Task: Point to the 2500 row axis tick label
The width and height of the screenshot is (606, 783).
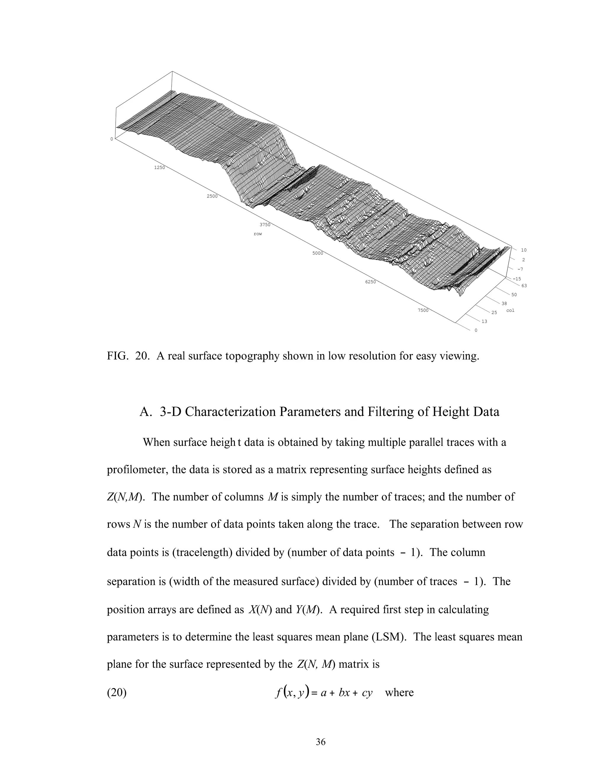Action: click(212, 196)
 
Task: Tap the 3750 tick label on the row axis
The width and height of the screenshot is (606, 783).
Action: click(265, 225)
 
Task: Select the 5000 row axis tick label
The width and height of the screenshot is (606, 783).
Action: click(318, 253)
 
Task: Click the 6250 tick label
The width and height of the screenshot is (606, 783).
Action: click(370, 282)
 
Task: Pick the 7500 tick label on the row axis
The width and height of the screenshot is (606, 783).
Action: click(423, 310)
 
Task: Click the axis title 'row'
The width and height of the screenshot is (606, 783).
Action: click(258, 234)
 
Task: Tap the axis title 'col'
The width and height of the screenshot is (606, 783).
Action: click(510, 310)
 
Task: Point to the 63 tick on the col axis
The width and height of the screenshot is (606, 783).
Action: click(524, 286)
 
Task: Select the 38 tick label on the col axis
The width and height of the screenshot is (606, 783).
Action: click(504, 303)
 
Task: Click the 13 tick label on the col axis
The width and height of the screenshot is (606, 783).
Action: click(484, 321)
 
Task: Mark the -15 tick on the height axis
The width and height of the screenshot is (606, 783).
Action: click(517, 279)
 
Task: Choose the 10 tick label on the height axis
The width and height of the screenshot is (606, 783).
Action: click(524, 250)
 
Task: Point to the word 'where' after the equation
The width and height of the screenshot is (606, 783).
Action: click(399, 692)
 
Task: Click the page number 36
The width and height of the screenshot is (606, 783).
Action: click(320, 742)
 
